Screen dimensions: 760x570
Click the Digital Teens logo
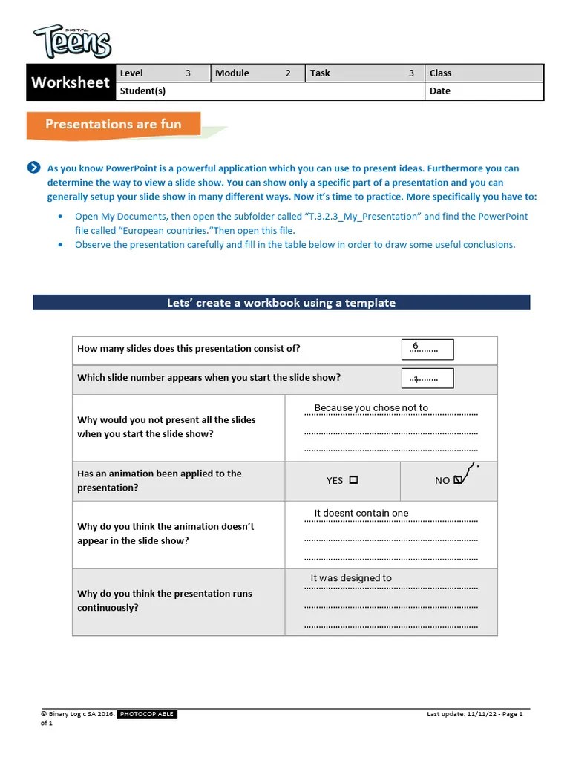[72, 42]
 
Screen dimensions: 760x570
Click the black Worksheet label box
[71, 82]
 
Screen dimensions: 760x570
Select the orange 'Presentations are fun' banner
[114, 125]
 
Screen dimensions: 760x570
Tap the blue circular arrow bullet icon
[33, 168]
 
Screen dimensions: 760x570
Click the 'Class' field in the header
[440, 73]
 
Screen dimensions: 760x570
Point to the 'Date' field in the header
[439, 91]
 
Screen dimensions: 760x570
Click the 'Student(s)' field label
[142, 91]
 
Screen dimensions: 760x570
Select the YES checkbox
[353, 480]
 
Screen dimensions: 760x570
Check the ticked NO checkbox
[458, 480]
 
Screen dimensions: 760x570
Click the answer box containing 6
[427, 349]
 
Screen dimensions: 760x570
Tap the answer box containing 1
[427, 378]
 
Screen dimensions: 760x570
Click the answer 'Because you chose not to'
[371, 408]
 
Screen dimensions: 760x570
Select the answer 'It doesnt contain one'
[361, 513]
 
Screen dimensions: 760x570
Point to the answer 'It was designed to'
[351, 578]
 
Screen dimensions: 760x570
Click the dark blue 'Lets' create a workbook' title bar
[281, 302]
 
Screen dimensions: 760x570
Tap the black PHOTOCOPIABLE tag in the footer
[147, 714]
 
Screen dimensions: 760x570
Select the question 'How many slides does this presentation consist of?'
[189, 349]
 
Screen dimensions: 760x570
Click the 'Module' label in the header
[232, 73]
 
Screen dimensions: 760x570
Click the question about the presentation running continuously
[165, 600]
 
